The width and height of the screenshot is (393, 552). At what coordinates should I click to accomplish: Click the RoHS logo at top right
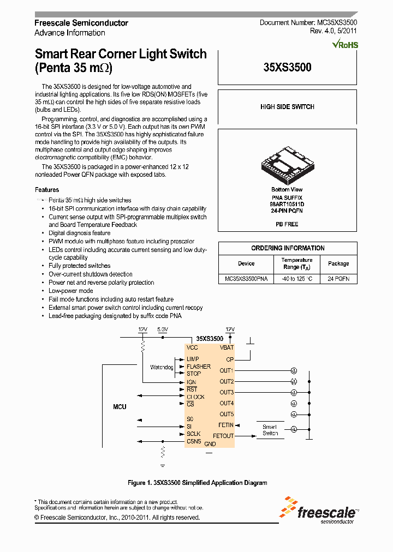tap(346, 44)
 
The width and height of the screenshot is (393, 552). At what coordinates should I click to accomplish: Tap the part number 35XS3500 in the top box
tap(287, 68)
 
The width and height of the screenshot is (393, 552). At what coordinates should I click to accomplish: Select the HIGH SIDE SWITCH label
tap(287, 107)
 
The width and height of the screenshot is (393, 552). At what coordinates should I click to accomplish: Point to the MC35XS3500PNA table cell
tap(246, 278)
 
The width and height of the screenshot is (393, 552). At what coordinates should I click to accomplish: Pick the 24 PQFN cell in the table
tap(338, 278)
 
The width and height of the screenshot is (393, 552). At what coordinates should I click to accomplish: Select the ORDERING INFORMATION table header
tap(288, 248)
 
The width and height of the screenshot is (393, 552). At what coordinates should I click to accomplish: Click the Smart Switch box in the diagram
tap(270, 430)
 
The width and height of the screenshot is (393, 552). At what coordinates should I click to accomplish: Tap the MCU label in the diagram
tap(120, 407)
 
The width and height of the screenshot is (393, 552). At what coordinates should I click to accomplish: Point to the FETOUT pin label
tap(223, 436)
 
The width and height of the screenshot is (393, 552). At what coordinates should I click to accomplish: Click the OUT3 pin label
tap(227, 392)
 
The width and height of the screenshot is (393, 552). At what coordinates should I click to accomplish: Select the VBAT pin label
tap(227, 347)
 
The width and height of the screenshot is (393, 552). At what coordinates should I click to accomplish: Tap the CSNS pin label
tap(194, 441)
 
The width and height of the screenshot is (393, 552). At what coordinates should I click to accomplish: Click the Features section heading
tap(47, 190)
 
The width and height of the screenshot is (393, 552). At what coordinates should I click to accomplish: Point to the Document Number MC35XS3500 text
tap(308, 23)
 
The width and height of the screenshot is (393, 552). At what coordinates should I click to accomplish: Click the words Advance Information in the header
tap(70, 33)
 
